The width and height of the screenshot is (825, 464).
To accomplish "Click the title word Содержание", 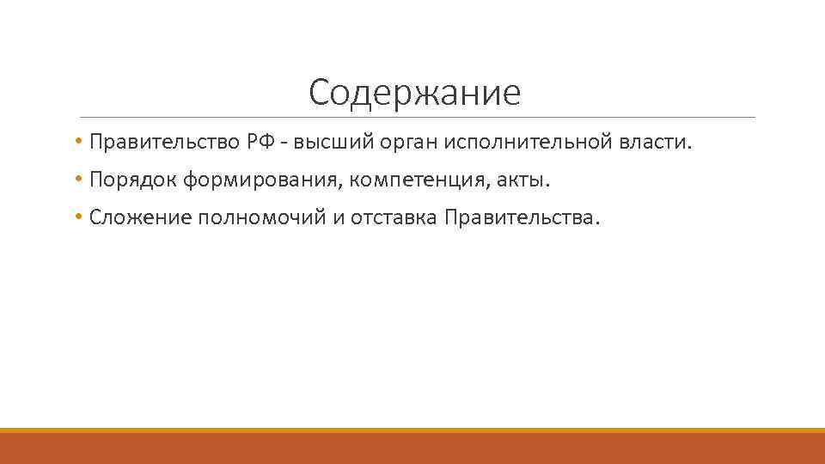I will point(414,93).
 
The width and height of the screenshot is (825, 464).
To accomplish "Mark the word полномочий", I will point(263,218).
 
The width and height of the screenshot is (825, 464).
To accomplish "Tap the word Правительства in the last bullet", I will point(519,218).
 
